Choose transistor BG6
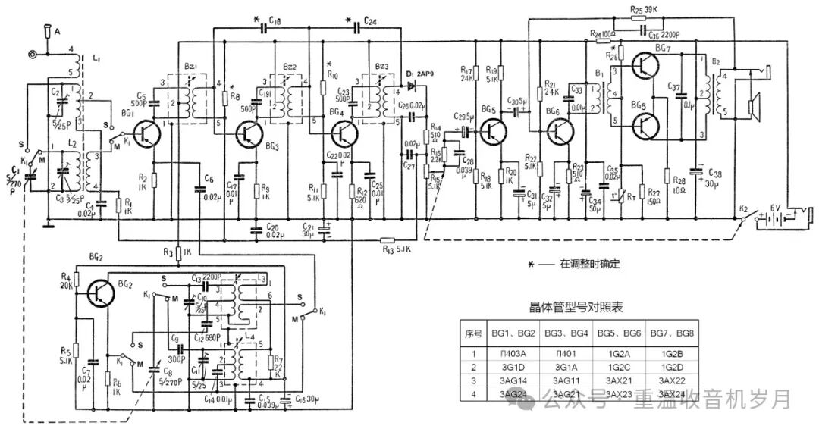point(563,132)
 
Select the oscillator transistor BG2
point(99,291)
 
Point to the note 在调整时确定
point(590,264)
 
